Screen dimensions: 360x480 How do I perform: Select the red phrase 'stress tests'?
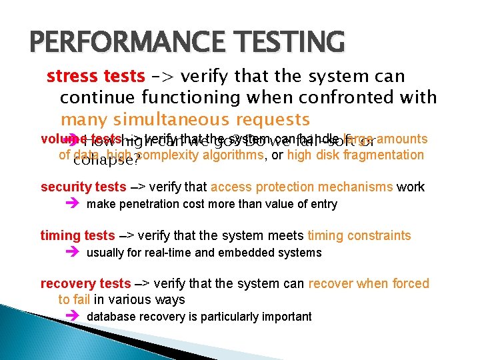(95, 77)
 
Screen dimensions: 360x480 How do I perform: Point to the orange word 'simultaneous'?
(177, 120)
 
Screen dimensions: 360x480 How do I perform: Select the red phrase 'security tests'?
(83, 187)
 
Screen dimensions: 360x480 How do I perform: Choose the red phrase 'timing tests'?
(78, 235)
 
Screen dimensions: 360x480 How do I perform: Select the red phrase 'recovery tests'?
(85, 283)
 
